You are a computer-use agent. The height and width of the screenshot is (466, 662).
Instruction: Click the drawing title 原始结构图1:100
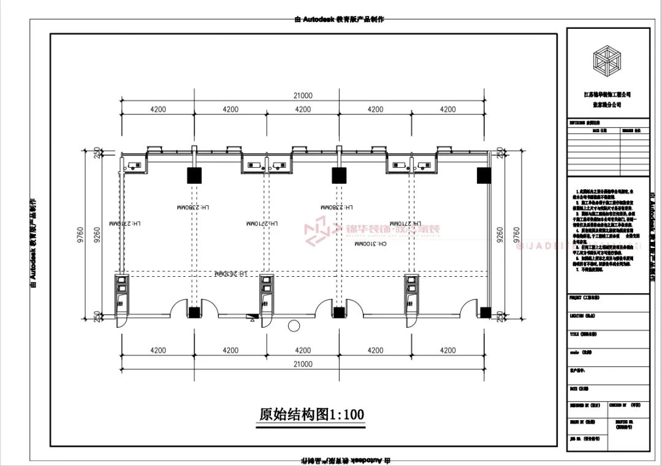point(311,415)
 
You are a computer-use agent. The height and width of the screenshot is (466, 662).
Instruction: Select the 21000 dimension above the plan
point(303,96)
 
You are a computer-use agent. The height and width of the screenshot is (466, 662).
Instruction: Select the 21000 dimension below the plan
point(303,364)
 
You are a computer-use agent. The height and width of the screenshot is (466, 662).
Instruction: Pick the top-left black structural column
point(194,176)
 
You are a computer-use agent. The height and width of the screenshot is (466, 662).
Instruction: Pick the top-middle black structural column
point(339,176)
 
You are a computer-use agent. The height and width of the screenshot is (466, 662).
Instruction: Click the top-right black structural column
point(484,176)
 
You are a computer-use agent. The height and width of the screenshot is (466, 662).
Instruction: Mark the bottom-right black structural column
point(485,313)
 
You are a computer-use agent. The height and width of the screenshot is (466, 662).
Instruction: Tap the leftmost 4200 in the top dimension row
point(158,110)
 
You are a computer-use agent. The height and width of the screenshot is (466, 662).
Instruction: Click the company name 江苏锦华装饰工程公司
point(607,95)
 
